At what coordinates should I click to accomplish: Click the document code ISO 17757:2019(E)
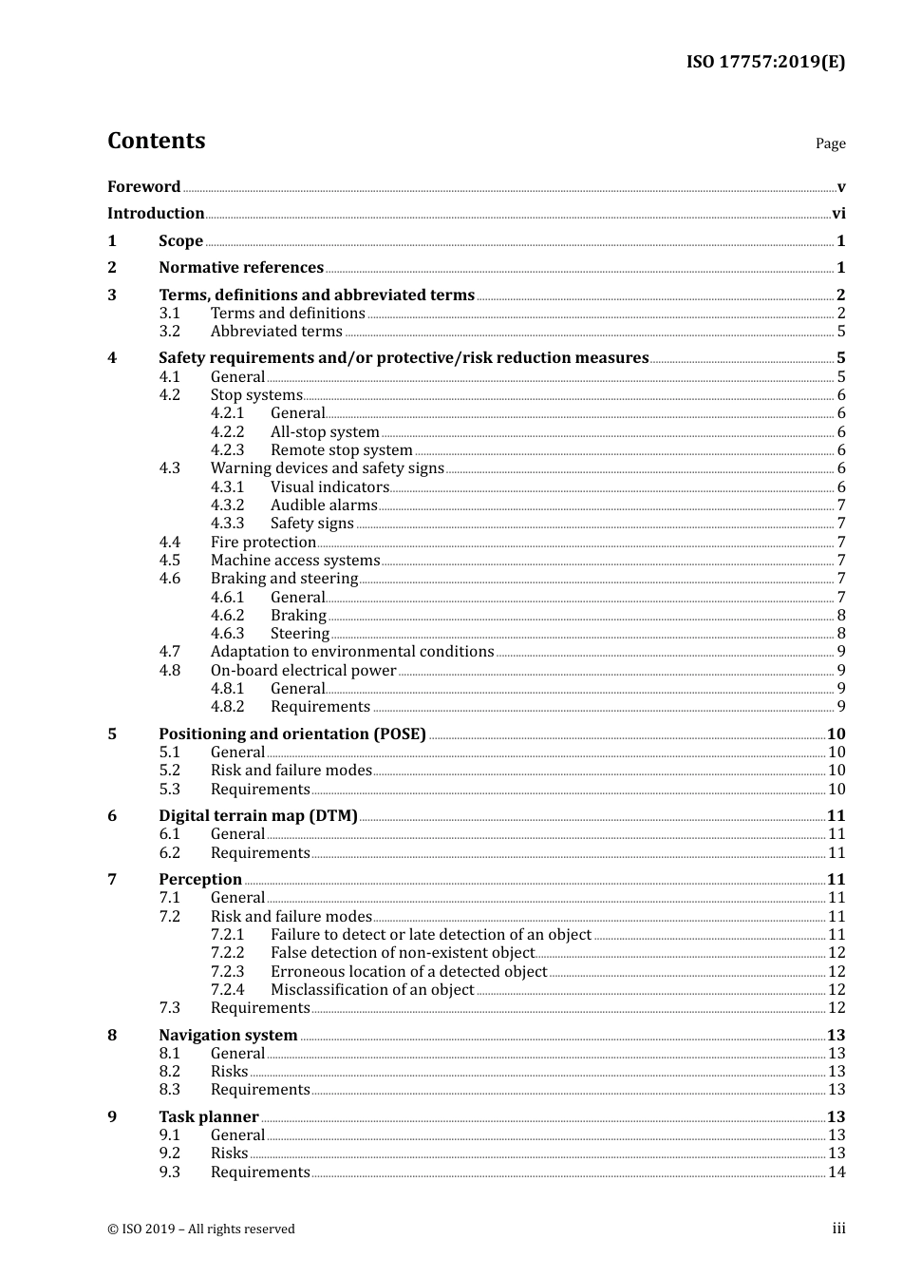coord(765,62)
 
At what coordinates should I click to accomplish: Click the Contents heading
coord(156,141)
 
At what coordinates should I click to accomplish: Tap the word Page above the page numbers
coord(830,143)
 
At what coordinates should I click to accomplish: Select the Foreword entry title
coord(143,186)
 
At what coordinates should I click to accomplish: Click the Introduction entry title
coord(156,213)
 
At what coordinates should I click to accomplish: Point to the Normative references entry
coord(241,267)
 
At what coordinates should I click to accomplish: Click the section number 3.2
coord(170,331)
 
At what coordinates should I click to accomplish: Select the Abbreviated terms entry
coord(276,331)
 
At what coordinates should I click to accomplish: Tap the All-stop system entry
coord(325,431)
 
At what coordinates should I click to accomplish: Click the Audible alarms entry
coord(324,505)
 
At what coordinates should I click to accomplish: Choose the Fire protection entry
coord(263,542)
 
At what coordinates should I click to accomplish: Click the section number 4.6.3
coord(228,633)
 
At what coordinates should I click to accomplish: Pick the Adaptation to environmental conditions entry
coord(352,651)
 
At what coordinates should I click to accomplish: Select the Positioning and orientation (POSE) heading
coord(292,734)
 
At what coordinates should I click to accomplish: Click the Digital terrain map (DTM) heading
coord(258,815)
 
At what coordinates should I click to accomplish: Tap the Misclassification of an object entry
coord(372,989)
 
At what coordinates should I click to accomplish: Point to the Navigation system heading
coord(228,1035)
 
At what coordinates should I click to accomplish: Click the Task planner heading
coord(209,1116)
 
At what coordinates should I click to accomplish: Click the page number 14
coord(836,1172)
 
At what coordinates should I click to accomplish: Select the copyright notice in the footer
coord(201,1229)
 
